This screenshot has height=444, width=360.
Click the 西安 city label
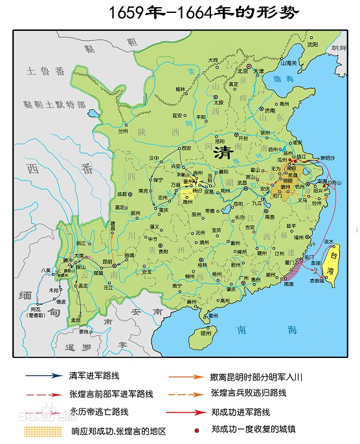pos(186,148)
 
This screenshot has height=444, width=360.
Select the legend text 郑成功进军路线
pos(240,412)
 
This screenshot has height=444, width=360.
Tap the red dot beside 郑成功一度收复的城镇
pos(195,429)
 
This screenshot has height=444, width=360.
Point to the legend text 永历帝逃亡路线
pos(98,412)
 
